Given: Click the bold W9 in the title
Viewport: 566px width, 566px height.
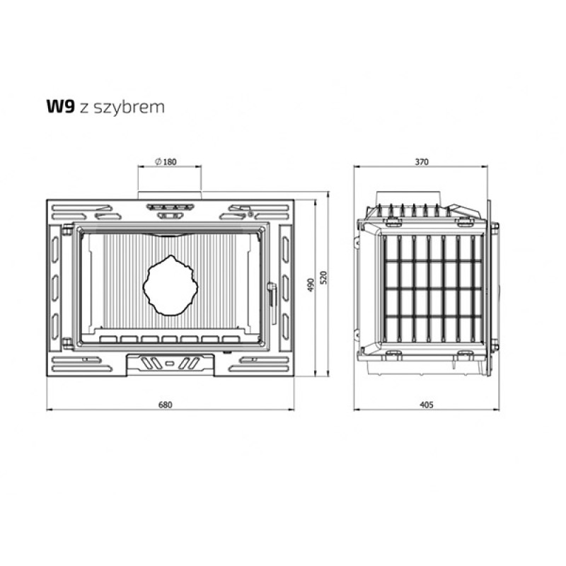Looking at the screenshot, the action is pos(61,107).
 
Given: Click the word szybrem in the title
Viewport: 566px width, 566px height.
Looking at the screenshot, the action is pos(129,108).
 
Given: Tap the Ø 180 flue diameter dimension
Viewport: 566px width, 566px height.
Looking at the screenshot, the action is pos(166,162).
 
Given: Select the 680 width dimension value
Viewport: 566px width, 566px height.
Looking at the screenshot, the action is pos(166,405).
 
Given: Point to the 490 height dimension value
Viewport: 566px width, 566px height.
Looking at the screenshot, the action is pos(312,285).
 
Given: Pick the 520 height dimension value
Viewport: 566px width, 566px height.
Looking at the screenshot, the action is pos(323,277).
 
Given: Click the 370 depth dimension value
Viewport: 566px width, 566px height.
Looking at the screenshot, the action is pos(422,162).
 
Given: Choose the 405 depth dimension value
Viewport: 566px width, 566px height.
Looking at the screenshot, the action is pos(427,405).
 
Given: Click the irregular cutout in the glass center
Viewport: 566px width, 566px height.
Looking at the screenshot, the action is pos(171,285).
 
